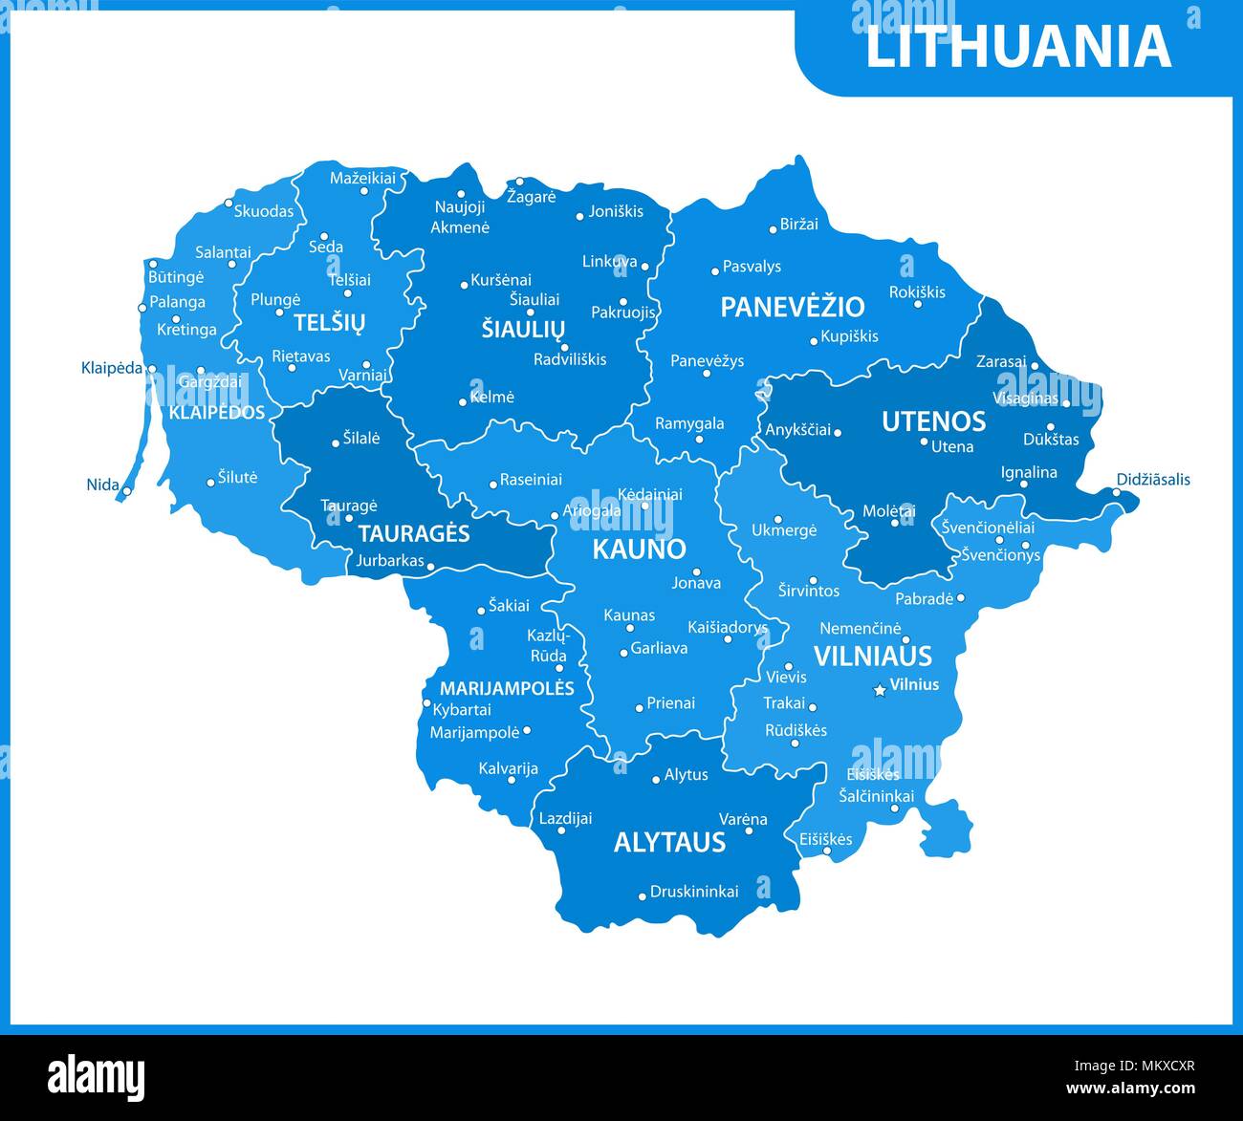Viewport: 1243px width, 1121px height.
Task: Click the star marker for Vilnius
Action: point(880,690)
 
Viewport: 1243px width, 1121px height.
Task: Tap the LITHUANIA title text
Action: point(1017,46)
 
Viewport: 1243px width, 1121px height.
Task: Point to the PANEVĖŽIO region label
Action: point(792,307)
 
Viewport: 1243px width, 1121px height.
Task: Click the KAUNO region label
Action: point(639,549)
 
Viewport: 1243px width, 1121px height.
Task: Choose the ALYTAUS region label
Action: point(669,842)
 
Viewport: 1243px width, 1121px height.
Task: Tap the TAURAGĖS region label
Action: point(414,533)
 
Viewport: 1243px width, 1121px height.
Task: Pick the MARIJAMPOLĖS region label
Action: point(507,688)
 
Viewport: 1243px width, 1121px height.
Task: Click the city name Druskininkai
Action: point(694,892)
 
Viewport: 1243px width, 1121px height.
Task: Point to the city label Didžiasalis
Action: point(1153,480)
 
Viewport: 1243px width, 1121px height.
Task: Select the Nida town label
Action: point(103,485)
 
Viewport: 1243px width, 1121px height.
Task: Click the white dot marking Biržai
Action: point(773,229)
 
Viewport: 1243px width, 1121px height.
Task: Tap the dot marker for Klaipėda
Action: point(152,368)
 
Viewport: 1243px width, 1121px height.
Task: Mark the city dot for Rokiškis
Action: point(917,305)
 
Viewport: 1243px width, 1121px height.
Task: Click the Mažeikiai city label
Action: point(362,178)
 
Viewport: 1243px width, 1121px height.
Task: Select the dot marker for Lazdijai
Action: point(561,830)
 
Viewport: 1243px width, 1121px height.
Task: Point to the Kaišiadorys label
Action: point(728,628)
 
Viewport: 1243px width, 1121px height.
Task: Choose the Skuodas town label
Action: point(264,211)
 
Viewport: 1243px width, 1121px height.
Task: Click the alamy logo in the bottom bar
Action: point(97,1077)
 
